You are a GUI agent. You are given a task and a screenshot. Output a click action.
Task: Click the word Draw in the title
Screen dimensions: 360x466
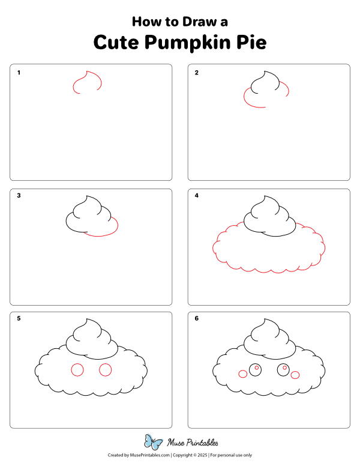pyautogui.click(x=199, y=22)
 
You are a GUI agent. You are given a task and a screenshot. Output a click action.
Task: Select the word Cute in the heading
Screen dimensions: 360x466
pyautogui.click(x=116, y=42)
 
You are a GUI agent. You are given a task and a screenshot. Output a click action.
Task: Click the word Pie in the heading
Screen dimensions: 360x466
pyautogui.click(x=251, y=42)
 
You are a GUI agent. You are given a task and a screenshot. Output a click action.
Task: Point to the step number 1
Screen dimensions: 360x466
pyautogui.click(x=19, y=73)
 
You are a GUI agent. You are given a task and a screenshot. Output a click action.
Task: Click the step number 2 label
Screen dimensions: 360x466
pyautogui.click(x=197, y=73)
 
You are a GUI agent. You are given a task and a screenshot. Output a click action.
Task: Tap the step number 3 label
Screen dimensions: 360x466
pyautogui.click(x=19, y=196)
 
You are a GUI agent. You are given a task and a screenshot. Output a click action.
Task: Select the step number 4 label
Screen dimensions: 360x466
pyautogui.click(x=197, y=196)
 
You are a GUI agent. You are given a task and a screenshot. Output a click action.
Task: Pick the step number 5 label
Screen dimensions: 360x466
pyautogui.click(x=19, y=319)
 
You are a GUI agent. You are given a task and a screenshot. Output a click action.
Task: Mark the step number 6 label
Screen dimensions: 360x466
pyautogui.click(x=197, y=319)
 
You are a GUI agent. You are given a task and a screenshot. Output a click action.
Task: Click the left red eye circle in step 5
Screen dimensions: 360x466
pyautogui.click(x=71, y=370)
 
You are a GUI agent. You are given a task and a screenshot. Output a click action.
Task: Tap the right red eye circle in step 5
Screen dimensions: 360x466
pyautogui.click(x=99, y=370)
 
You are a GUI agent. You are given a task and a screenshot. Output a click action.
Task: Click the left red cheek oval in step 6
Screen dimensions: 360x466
pyautogui.click(x=239, y=374)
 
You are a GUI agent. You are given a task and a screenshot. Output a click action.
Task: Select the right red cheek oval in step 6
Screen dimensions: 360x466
pyautogui.click(x=291, y=375)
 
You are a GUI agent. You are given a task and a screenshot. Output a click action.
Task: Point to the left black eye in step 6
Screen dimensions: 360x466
pyautogui.click(x=249, y=370)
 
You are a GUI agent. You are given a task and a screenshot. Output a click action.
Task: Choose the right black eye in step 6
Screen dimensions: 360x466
pyautogui.click(x=277, y=370)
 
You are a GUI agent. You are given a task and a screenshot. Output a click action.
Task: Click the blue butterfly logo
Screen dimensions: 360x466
pyautogui.click(x=154, y=442)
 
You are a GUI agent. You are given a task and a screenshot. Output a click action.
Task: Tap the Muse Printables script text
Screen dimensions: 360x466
pyautogui.click(x=193, y=443)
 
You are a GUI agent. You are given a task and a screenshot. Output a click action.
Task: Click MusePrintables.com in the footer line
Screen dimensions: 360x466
pyautogui.click(x=150, y=455)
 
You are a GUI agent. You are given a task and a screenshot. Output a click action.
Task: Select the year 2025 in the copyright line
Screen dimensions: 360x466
pyautogui.click(x=202, y=455)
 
